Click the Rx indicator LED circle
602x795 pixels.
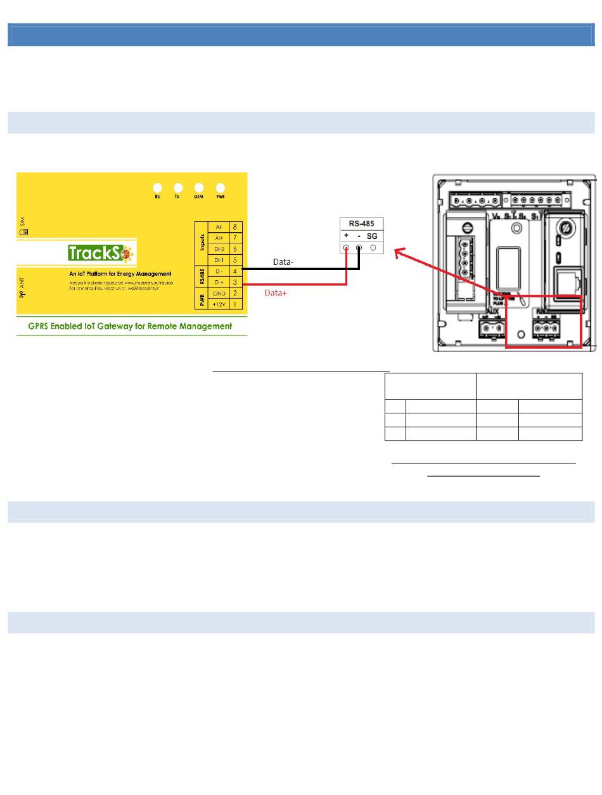click(158, 188)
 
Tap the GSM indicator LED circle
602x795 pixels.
click(199, 188)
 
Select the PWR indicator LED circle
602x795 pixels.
click(221, 188)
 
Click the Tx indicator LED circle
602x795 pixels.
click(178, 188)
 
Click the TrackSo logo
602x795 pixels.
click(102, 254)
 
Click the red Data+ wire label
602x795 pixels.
click(274, 294)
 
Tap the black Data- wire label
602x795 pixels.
click(283, 261)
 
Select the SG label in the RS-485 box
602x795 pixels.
click(372, 235)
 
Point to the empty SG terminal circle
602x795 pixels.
click(373, 248)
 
